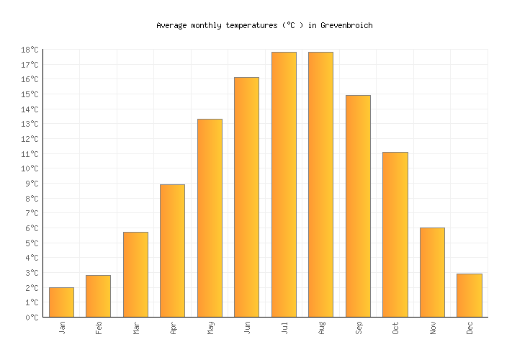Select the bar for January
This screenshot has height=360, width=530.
[x=61, y=302]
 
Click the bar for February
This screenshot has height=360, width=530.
[x=98, y=296]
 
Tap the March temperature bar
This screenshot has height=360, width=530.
[x=135, y=274]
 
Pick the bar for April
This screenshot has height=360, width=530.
[x=172, y=251]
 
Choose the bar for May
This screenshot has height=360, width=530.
[x=210, y=218]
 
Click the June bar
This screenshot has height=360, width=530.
[x=246, y=197]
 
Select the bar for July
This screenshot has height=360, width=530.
[x=284, y=184]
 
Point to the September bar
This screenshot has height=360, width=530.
[x=358, y=206]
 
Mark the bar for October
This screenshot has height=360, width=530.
[x=395, y=235]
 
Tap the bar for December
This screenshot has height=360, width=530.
[x=469, y=295]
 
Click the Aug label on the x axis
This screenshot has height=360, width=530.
[x=322, y=328]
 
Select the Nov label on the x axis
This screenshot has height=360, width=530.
[x=433, y=328]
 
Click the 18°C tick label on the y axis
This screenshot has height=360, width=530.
[x=30, y=50]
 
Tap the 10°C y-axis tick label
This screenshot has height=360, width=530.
[x=30, y=168]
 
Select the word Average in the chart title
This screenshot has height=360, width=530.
[x=172, y=25]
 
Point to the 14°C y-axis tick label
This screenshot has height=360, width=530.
[x=30, y=109]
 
